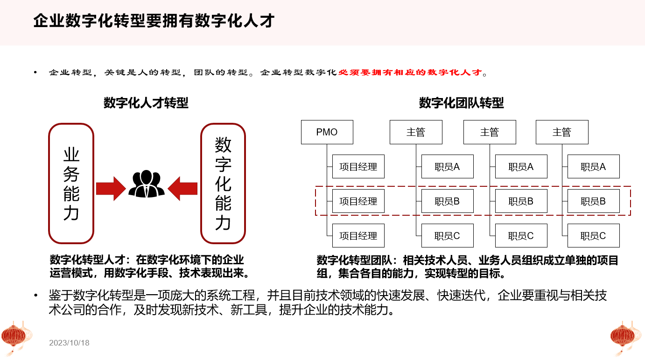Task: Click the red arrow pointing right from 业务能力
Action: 111,189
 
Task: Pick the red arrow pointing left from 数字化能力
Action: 182,189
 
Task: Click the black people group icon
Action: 146,184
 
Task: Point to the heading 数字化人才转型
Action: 146,103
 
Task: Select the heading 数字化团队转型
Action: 461,103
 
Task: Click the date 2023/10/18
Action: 69,343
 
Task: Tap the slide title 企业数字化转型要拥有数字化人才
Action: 154,21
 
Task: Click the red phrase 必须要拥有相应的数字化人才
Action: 410,72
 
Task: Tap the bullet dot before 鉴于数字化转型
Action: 36,295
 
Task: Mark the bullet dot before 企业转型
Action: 35,72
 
